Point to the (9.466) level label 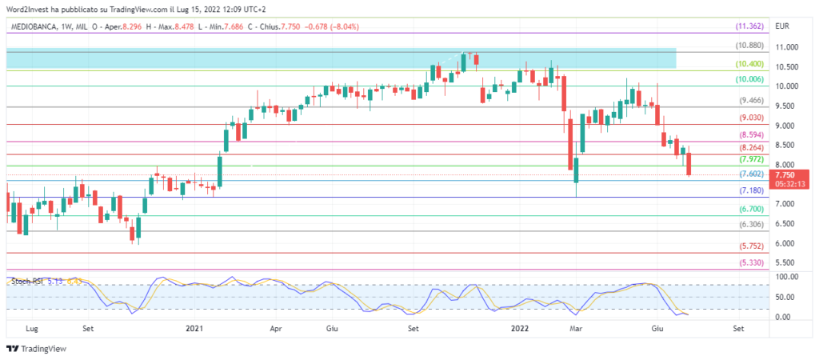752,101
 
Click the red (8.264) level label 752,149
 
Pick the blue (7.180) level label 752,190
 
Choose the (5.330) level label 752,262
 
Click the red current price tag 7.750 785,174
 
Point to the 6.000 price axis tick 785,243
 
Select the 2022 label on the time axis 519,328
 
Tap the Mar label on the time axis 575,328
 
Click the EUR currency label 783,26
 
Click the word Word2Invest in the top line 29,8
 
